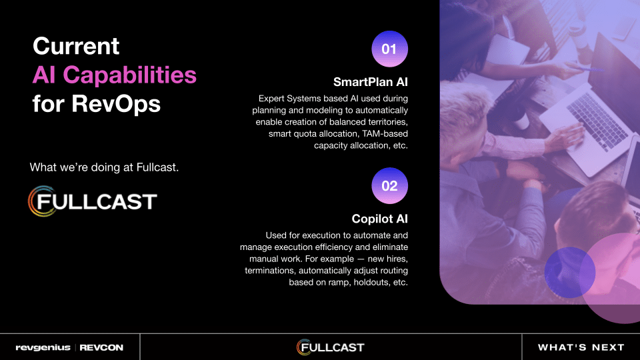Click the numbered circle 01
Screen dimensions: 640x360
tap(389, 49)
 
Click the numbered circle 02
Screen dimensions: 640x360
tap(389, 186)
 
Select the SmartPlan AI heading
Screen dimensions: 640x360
tap(370, 82)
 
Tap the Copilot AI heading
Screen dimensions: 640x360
tap(379, 219)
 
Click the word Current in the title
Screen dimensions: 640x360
tap(76, 46)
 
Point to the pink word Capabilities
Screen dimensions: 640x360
tap(129, 75)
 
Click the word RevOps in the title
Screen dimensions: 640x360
tap(116, 104)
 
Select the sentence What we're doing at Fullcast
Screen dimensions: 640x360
tap(104, 167)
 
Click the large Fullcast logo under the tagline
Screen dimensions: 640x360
tap(92, 201)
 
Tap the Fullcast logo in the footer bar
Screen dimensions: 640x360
tap(330, 347)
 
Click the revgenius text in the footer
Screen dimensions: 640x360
tap(43, 348)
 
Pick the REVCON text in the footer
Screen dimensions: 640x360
tap(101, 348)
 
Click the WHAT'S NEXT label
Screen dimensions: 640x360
tap(581, 347)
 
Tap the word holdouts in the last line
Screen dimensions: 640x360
tap(370, 283)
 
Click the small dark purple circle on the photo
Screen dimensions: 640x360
tap(570, 272)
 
